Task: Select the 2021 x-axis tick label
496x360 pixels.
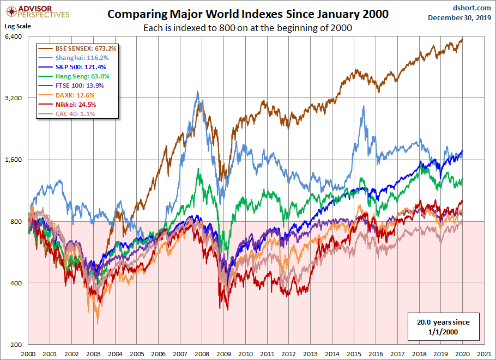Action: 483,352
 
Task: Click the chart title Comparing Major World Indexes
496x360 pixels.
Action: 247,14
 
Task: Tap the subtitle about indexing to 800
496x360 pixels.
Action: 247,28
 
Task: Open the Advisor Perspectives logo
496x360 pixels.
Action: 37,11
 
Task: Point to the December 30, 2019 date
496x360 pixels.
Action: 459,17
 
